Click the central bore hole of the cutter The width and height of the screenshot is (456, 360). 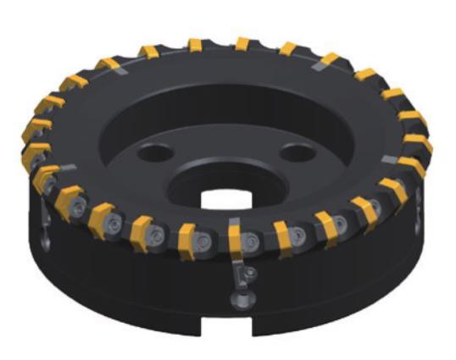pyautogui.click(x=227, y=192)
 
